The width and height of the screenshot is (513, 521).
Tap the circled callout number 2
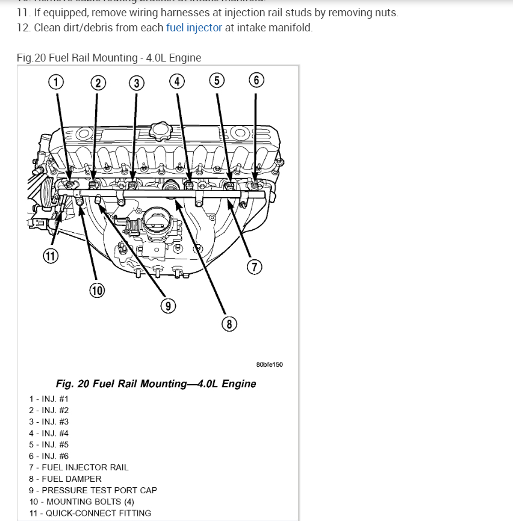tap(97, 83)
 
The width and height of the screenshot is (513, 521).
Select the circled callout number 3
tap(137, 83)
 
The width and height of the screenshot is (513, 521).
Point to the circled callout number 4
tap(176, 81)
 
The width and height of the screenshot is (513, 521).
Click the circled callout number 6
tap(256, 81)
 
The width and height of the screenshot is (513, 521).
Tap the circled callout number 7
tap(253, 266)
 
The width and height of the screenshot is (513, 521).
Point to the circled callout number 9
tap(168, 306)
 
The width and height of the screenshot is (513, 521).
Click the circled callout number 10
tap(97, 291)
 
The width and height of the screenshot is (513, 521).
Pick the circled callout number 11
tap(51, 256)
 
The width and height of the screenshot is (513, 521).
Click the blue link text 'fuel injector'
tap(194, 28)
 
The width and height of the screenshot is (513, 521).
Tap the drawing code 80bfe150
tap(269, 365)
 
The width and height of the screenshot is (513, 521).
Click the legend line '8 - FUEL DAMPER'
tap(65, 479)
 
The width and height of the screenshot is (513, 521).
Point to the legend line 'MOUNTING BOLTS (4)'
tap(81, 502)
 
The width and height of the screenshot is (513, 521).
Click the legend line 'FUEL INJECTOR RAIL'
tap(78, 467)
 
